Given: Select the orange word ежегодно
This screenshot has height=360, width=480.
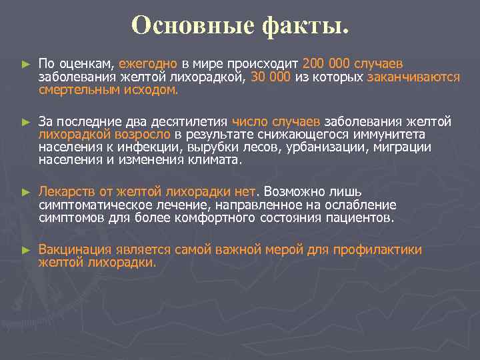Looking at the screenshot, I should coord(148,64).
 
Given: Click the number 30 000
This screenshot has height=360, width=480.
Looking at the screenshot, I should coord(270,77).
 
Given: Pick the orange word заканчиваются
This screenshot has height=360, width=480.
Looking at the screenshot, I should coord(413,77).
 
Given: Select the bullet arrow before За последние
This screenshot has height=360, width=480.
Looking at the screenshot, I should coord(25,123).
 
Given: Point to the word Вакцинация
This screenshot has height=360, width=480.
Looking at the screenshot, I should coord(74,250).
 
